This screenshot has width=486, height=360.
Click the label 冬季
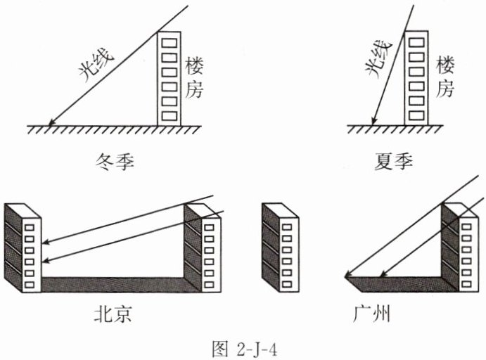click(113, 164)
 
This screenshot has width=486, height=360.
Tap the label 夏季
click(395, 164)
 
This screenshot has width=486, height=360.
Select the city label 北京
click(113, 314)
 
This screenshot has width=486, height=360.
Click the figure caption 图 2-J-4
click(243, 346)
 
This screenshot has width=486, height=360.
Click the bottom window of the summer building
click(416, 113)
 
